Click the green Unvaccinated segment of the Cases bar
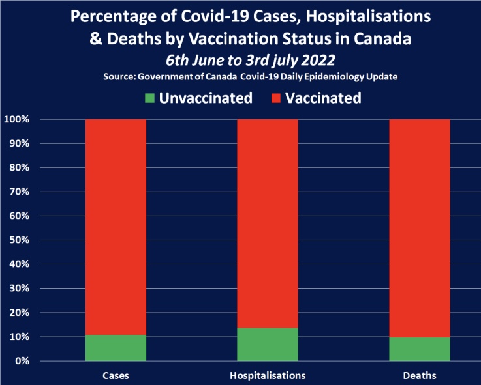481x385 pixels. (x=116, y=348)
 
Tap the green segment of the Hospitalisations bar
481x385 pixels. (x=268, y=344)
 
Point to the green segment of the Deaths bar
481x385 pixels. (x=420, y=349)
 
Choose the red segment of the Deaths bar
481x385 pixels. (x=420, y=228)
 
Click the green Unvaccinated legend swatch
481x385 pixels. (x=150, y=99)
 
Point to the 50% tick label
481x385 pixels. (x=19, y=240)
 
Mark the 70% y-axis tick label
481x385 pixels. (x=19, y=192)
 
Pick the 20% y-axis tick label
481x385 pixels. (x=19, y=313)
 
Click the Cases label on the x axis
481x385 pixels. (x=116, y=376)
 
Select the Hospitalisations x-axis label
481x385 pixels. (x=268, y=376)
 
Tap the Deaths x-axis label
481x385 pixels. (x=420, y=376)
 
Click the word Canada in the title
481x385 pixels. (x=385, y=39)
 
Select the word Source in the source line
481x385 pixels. (x=121, y=77)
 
